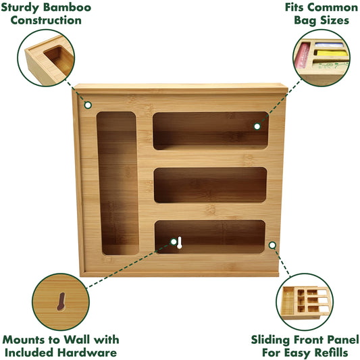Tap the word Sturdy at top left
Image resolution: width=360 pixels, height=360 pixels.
(20, 8)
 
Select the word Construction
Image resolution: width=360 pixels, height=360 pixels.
(46, 20)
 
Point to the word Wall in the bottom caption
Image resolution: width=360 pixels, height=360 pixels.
(78, 340)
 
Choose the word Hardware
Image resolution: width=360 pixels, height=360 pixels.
(86, 353)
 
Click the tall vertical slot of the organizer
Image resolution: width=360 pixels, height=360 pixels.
(118, 183)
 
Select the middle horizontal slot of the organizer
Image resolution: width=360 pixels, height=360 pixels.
(210, 185)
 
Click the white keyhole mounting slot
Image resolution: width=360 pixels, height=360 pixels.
(180, 242)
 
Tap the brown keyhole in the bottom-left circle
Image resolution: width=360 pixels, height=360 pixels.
(61, 301)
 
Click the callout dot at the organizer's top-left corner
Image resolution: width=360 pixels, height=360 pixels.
(88, 105)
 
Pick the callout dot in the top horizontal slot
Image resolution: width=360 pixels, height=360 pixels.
(257, 126)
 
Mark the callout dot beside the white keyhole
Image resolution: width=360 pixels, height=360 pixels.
(174, 242)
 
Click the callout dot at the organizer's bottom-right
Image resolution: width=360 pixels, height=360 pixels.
(272, 245)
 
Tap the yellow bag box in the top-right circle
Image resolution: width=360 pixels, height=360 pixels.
(332, 53)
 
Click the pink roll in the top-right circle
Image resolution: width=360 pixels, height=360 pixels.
(303, 56)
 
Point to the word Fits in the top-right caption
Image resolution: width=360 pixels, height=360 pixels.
(294, 7)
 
